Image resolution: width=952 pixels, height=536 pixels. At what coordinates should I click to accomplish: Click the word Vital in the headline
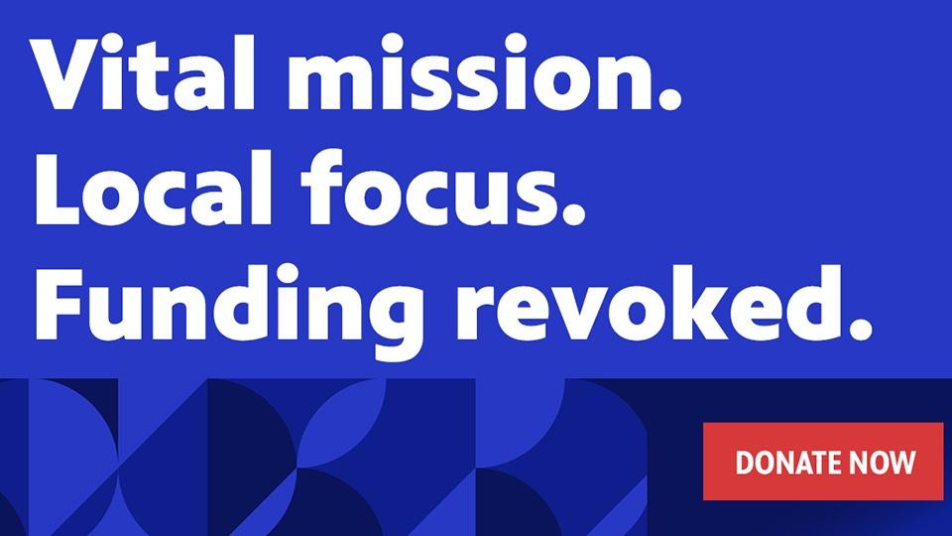click(143, 72)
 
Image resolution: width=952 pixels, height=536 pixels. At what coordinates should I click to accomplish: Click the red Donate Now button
click(823, 462)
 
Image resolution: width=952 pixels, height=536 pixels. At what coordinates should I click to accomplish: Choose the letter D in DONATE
click(745, 463)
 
